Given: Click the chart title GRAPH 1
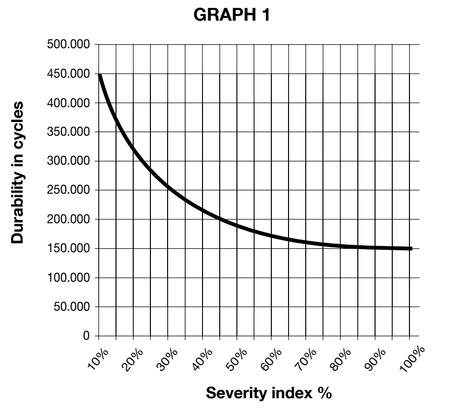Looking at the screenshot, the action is tap(232, 15).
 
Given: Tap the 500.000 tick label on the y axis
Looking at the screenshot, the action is tap(68, 44).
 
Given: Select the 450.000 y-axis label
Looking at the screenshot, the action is tap(68, 74).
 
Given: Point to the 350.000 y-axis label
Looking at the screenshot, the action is tap(68, 132).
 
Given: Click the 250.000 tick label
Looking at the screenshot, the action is tap(68, 190).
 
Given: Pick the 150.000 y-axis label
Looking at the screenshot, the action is tap(68, 248).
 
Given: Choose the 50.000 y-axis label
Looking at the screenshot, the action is tap(71, 307).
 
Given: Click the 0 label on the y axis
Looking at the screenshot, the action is tap(87, 336).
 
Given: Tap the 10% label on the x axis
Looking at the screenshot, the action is tap(98, 359).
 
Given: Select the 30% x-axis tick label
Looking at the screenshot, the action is tap(167, 360).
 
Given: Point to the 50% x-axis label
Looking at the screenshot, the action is tap(236, 360).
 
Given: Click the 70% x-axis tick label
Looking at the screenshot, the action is tap(305, 360).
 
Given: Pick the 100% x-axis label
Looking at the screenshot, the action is tap(412, 358).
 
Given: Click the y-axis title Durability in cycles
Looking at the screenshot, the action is tap(17, 173).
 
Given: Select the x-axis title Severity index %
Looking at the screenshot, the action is tap(269, 393).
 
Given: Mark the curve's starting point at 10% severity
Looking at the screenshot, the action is tap(100, 75).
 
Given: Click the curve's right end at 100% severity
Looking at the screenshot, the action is tap(411, 249).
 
